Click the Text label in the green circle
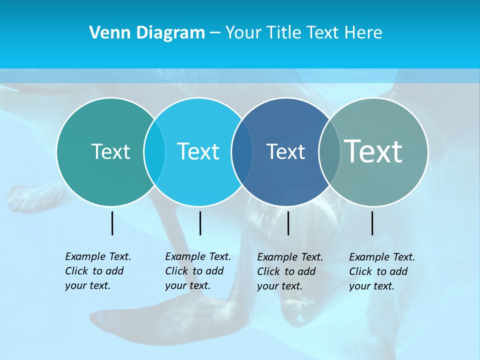point(110,151)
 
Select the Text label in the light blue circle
point(198,151)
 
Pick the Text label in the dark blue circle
point(285,151)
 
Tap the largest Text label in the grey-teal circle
point(373,151)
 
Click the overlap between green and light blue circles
point(154,151)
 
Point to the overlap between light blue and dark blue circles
point(242,151)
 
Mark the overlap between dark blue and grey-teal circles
point(329,151)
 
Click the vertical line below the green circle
point(112,223)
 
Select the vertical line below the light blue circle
point(200,223)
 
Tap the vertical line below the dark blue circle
point(288,223)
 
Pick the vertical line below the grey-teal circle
point(372,223)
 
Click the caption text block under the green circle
point(98,271)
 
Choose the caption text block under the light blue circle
point(198,271)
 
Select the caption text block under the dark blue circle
point(290,271)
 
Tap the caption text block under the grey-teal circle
point(382,271)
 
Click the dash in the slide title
point(215,33)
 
